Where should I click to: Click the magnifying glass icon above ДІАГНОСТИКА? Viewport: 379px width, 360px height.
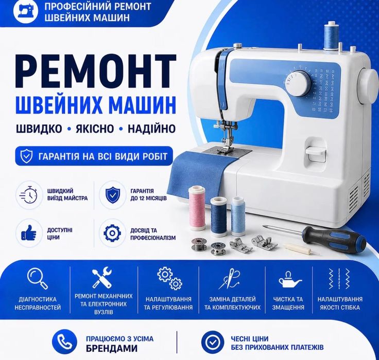click(38, 278)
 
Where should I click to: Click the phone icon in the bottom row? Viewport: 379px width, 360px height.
click(64, 342)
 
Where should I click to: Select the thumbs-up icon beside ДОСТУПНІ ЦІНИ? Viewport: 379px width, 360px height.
click(29, 233)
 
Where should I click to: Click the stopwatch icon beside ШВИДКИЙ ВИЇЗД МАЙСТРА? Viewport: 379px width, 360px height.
click(29, 194)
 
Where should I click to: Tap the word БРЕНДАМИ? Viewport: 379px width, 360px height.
click(112, 348)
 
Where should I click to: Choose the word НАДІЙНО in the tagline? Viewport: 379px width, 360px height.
click(151, 129)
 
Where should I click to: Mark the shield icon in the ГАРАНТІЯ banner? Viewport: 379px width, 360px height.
click(26, 156)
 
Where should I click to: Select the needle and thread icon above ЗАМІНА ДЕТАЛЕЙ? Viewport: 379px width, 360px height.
click(230, 278)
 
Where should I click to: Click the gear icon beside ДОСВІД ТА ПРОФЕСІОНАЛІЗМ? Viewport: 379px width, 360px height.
click(112, 233)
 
